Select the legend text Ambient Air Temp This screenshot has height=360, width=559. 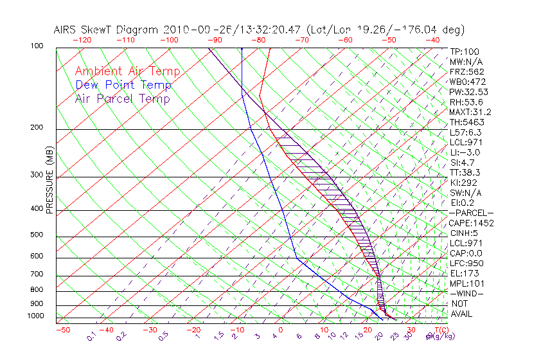(127, 71)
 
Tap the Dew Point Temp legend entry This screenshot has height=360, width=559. (123, 85)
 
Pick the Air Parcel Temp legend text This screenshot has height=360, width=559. (122, 98)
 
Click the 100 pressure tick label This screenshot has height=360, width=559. (37, 46)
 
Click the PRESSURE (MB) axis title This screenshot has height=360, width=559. (50, 183)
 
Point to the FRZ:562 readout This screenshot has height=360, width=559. (466, 71)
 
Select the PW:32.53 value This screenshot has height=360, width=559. (468, 92)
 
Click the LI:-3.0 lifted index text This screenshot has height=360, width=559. (465, 152)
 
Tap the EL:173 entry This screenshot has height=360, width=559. (463, 273)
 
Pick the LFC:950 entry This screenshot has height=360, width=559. (466, 264)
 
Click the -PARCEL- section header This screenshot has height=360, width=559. (471, 213)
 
